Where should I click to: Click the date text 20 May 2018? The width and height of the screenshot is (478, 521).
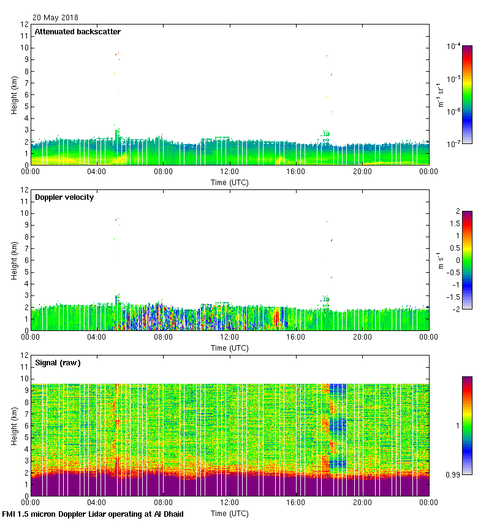[56, 18]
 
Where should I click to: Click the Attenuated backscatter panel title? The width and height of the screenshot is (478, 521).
[78, 32]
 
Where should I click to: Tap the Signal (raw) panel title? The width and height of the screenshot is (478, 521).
[58, 363]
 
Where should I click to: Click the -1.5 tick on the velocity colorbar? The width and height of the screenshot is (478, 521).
[457, 297]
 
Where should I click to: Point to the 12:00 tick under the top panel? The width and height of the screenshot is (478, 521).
[229, 173]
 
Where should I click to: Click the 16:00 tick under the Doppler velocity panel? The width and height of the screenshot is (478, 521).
[295, 338]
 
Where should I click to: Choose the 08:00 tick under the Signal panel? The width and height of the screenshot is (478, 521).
[163, 503]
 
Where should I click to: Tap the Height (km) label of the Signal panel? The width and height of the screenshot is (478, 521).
[14, 425]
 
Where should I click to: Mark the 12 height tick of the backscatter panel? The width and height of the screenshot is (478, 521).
[25, 25]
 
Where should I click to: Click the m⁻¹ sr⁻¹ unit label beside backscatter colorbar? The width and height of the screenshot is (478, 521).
[441, 95]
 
